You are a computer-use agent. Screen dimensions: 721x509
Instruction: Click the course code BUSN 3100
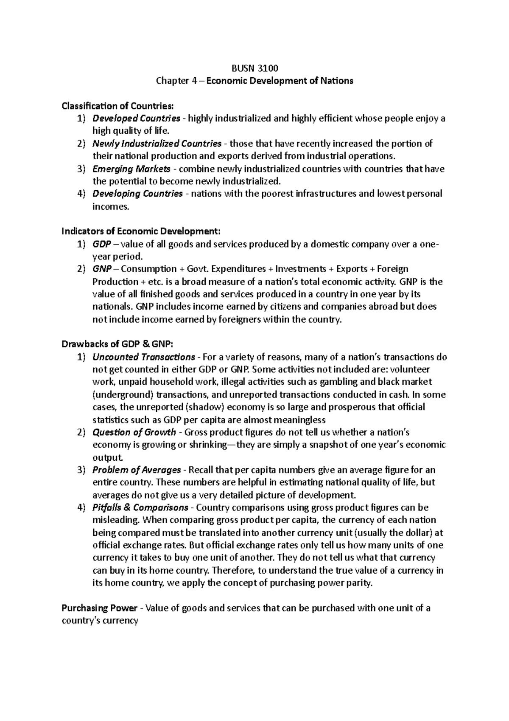255,68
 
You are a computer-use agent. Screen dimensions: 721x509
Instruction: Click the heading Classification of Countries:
117,105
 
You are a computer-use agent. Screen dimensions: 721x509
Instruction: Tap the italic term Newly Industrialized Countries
157,143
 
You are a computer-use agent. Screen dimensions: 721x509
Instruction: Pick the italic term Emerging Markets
131,169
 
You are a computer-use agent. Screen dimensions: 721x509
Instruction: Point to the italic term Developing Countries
137,194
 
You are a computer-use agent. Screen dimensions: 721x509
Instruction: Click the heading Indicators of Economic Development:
141,231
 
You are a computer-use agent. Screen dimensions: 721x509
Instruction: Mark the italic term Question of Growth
134,432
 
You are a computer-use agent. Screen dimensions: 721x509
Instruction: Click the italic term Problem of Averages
137,470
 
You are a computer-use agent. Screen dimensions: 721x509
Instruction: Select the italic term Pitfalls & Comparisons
140,507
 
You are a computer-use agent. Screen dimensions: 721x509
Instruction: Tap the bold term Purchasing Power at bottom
99,608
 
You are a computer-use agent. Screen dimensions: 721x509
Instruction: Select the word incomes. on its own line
110,207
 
